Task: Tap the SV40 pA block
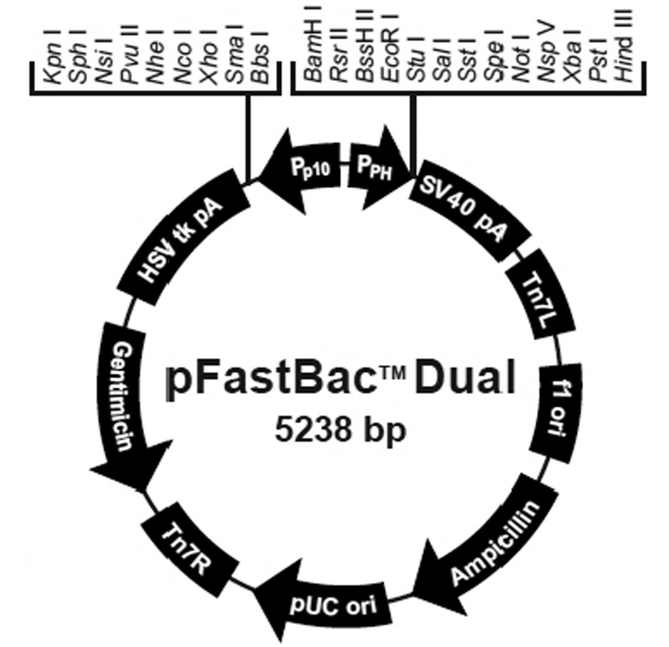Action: tap(465, 210)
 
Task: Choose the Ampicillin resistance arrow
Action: tap(491, 543)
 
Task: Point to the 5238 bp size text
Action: tap(340, 431)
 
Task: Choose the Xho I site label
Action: tap(208, 59)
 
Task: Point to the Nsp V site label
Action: tap(546, 54)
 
